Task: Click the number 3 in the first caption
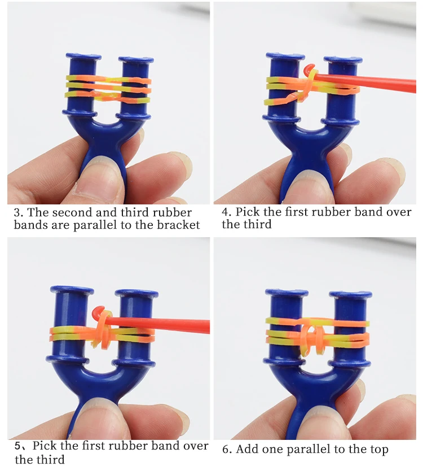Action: point(17,213)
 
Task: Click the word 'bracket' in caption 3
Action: point(180,225)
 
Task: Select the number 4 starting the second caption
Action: point(225,213)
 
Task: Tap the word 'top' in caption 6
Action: point(377,450)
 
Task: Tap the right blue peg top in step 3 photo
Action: point(136,59)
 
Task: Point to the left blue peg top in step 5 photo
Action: point(72,290)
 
